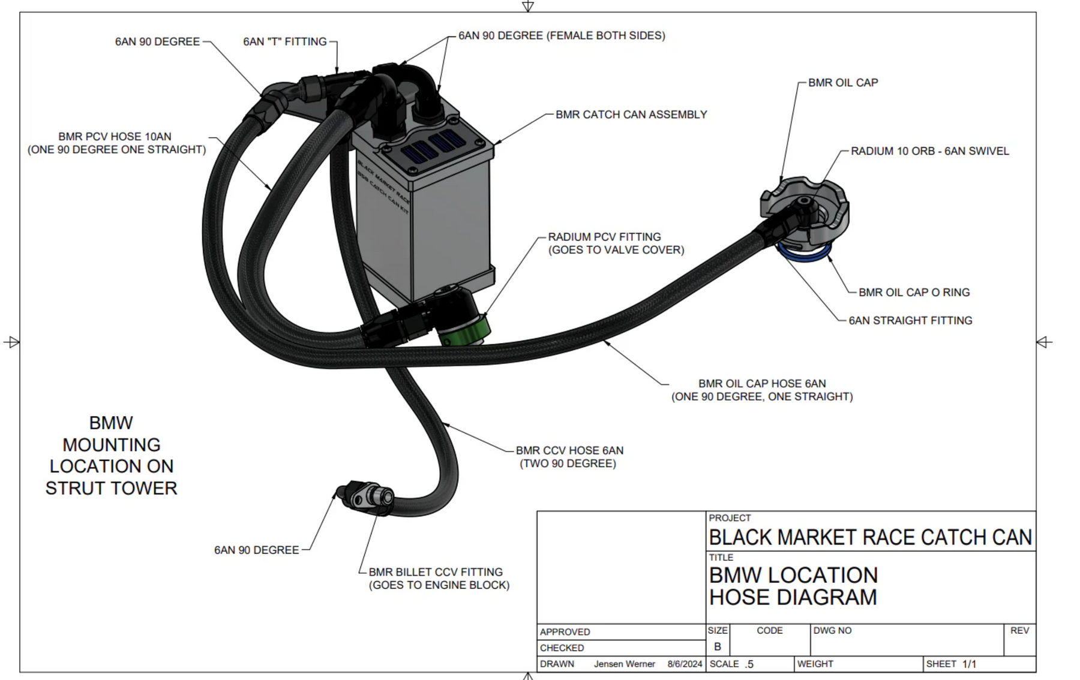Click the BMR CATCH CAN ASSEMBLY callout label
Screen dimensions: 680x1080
click(631, 115)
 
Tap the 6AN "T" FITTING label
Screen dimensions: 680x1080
click(284, 42)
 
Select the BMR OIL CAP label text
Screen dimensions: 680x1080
click(842, 83)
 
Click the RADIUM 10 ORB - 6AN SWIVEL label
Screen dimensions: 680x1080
click(929, 151)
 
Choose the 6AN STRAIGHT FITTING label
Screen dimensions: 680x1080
click(910, 321)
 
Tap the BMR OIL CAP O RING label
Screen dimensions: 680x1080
click(914, 293)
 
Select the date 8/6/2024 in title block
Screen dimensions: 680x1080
click(685, 664)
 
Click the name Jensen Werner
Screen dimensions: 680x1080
click(624, 664)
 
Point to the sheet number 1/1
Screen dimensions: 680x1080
click(969, 664)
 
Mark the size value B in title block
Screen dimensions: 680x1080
click(717, 647)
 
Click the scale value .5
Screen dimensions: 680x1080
click(749, 664)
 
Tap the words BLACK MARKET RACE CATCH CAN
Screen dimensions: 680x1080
click(870, 537)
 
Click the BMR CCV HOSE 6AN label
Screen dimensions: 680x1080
click(569, 450)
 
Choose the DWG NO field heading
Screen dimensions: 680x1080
click(832, 631)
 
